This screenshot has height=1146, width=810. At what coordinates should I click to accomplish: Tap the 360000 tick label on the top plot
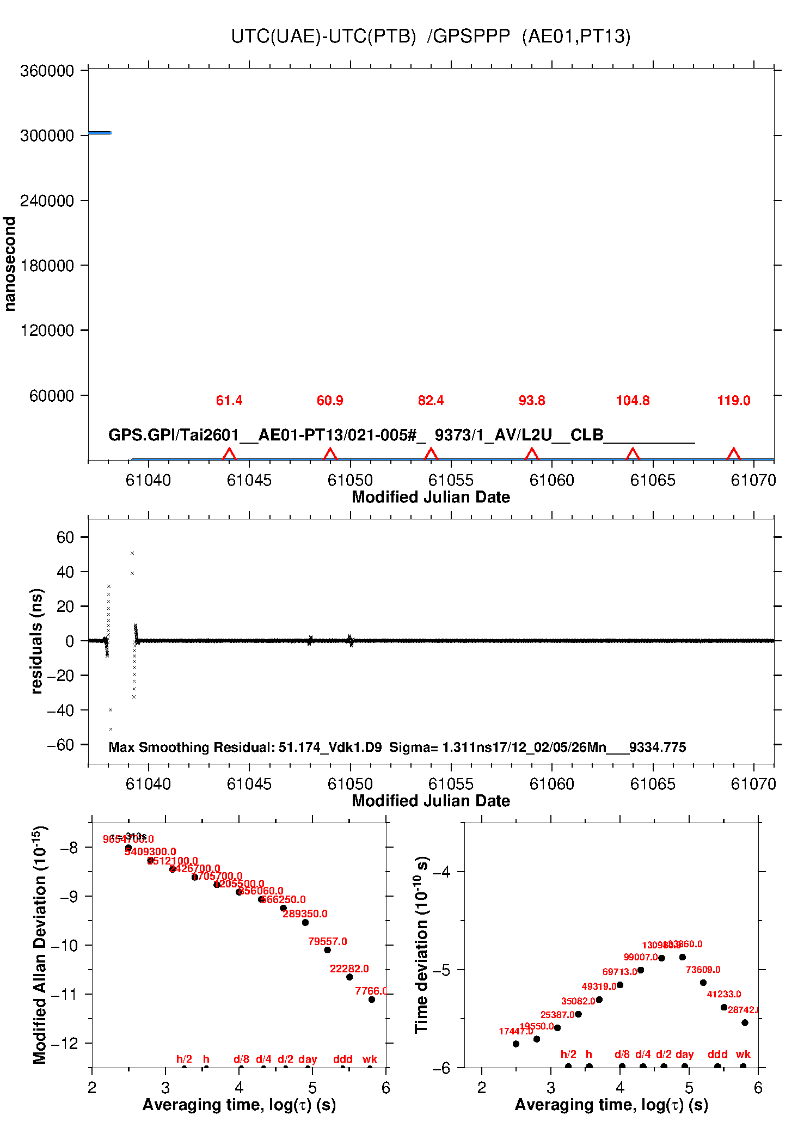(x=47, y=71)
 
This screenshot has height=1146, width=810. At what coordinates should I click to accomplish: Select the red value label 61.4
(x=229, y=401)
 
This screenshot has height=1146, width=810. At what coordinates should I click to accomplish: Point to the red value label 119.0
(x=733, y=401)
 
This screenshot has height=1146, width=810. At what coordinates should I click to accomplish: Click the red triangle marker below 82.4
(x=431, y=454)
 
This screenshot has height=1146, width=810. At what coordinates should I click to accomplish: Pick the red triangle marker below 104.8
(x=633, y=454)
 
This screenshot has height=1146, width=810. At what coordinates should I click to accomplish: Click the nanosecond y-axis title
(x=10, y=264)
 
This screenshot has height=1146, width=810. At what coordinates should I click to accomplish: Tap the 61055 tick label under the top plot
(x=451, y=480)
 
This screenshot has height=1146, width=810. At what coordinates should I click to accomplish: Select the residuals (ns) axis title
(x=36, y=641)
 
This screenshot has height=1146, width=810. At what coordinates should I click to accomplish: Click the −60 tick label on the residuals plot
(x=60, y=745)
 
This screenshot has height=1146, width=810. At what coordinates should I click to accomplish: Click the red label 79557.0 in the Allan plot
(x=327, y=941)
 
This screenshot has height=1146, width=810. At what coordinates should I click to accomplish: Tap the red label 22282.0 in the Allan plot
(x=349, y=969)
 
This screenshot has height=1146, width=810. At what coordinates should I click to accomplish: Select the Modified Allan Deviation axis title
(x=40, y=945)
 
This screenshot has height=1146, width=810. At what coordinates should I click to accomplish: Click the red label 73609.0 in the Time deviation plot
(x=703, y=970)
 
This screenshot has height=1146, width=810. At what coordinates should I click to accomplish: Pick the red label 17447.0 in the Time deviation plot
(x=516, y=1031)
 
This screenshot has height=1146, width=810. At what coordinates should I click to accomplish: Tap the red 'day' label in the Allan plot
(x=308, y=1059)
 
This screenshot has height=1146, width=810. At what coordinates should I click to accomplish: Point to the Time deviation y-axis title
(x=422, y=945)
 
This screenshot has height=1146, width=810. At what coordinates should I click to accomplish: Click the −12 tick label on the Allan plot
(x=65, y=1043)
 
